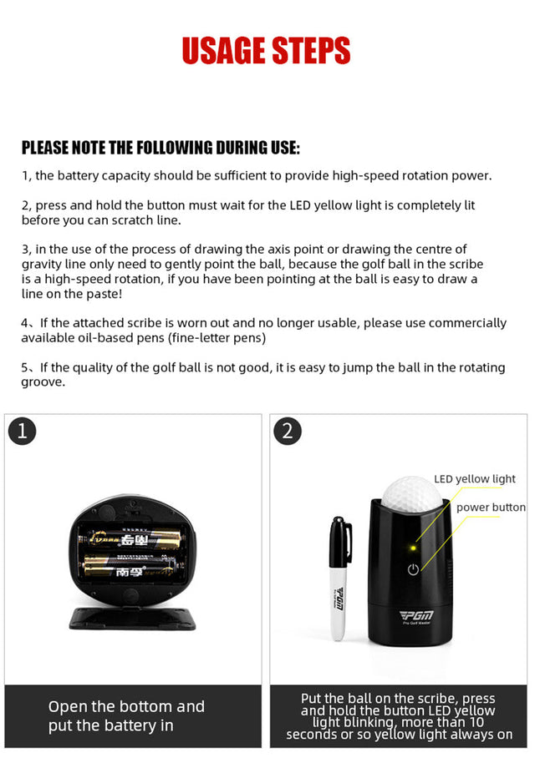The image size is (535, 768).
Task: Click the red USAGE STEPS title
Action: coord(267,50)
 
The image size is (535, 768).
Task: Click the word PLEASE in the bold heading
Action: coord(45,148)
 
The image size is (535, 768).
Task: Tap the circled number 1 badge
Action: coord(23,431)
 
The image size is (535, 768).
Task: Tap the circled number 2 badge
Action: coord(288,431)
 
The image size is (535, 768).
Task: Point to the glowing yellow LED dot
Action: coord(413,548)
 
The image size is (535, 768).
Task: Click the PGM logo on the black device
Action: coord(416,615)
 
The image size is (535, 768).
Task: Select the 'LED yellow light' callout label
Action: coord(475,479)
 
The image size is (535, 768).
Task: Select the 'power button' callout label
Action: coord(491,508)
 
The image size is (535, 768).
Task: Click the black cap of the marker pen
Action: coord(340,542)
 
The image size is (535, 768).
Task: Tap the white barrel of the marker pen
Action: coord(339,604)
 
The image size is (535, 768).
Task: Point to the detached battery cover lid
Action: coord(132,619)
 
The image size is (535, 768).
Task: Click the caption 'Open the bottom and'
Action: coord(126,706)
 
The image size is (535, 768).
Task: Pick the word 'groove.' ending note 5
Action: coord(43,382)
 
